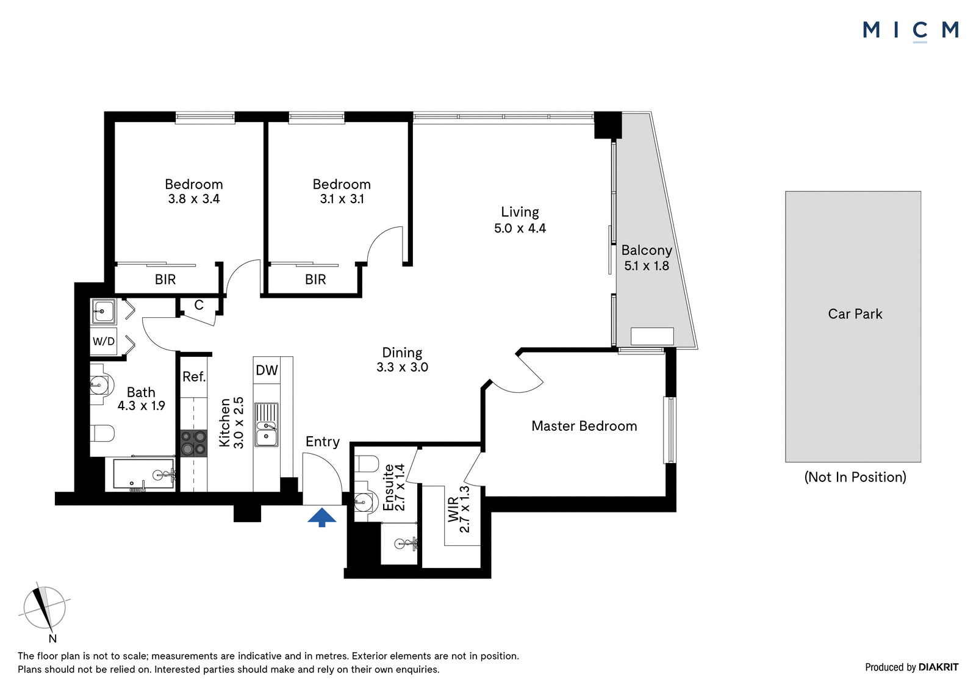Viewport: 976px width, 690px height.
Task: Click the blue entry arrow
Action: pyautogui.click(x=321, y=517)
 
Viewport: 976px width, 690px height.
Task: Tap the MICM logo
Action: pyautogui.click(x=911, y=31)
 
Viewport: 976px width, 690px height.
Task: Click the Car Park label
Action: pyautogui.click(x=855, y=314)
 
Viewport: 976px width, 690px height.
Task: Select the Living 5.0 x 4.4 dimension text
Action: pyautogui.click(x=520, y=228)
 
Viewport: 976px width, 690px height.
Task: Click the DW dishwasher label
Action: pyautogui.click(x=267, y=370)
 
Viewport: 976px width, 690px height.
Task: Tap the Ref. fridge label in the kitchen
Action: pyautogui.click(x=194, y=376)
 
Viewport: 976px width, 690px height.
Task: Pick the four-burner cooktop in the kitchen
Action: pyautogui.click(x=194, y=443)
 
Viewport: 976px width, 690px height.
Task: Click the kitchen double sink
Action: pyautogui.click(x=267, y=425)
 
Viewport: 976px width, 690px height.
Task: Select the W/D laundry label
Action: pyautogui.click(x=104, y=341)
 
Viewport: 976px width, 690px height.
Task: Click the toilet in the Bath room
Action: pyautogui.click(x=102, y=433)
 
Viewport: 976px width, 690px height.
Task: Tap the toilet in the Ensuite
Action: pyautogui.click(x=366, y=464)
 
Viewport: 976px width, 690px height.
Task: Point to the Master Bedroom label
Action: pyautogui.click(x=584, y=426)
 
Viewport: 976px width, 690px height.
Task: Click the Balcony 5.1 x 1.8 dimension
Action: pyautogui.click(x=647, y=265)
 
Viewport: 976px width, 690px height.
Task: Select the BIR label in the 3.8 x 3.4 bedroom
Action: pyautogui.click(x=165, y=279)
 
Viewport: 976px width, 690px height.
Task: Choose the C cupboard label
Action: pyautogui.click(x=199, y=305)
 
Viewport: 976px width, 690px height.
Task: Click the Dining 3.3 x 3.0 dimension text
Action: pyautogui.click(x=402, y=367)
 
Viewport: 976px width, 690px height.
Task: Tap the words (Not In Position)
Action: pyautogui.click(x=855, y=477)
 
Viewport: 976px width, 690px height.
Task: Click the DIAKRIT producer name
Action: pyautogui.click(x=939, y=667)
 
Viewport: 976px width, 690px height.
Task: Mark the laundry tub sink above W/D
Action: pyautogui.click(x=104, y=311)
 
